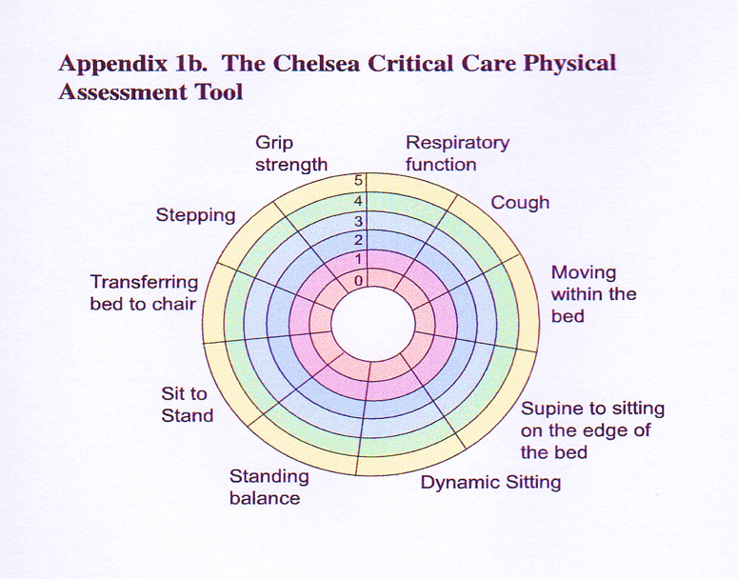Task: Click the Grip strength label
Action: (x=291, y=153)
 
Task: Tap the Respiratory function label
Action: (x=457, y=153)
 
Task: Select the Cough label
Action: (x=520, y=202)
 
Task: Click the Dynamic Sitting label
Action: (x=490, y=482)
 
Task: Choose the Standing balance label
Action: (x=269, y=487)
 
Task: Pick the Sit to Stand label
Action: (x=187, y=405)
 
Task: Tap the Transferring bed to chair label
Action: (x=144, y=293)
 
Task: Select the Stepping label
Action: (x=195, y=215)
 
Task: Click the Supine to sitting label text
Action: (x=592, y=429)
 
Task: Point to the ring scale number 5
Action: (x=359, y=181)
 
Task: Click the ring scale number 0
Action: (x=359, y=280)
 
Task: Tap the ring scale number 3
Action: (x=359, y=221)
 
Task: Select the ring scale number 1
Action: (x=359, y=259)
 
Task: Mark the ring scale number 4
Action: (x=359, y=201)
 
